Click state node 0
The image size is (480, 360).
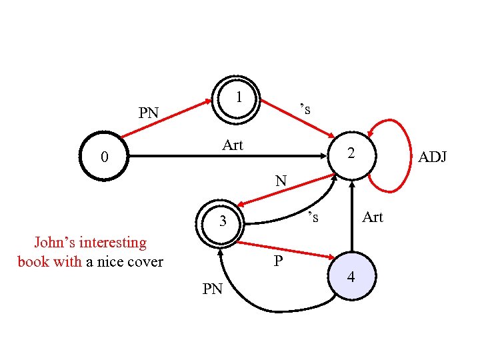tap(104, 157)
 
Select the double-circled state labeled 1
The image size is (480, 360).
tap(237, 99)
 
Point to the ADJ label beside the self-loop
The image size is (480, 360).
tap(433, 157)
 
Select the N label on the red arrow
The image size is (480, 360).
tap(281, 180)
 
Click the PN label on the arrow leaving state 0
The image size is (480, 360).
tap(148, 113)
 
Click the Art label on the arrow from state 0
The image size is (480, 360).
tap(233, 145)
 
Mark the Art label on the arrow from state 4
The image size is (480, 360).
tap(372, 217)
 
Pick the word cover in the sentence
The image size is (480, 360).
tap(145, 261)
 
